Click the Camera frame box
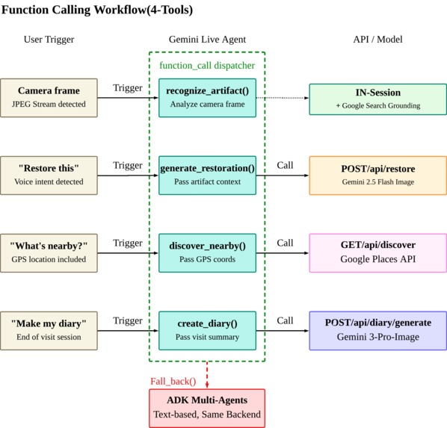[49, 98]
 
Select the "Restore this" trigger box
[49, 176]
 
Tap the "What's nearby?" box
[49, 253]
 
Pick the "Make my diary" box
[49, 331]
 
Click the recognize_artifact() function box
[207, 98]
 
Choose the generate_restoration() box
[207, 176]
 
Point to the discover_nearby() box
[207, 253]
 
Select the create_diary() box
[207, 331]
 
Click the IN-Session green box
[378, 99]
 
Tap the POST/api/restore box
[378, 176]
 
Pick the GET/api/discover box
[378, 253]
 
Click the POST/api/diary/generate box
[378, 331]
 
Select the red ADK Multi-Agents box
[207, 408]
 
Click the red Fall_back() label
[173, 381]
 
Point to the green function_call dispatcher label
[207, 66]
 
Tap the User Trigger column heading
[49, 40]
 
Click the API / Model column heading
[377, 40]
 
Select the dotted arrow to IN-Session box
[283, 98]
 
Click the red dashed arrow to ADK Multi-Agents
[207, 375]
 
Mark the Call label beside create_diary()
[285, 320]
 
